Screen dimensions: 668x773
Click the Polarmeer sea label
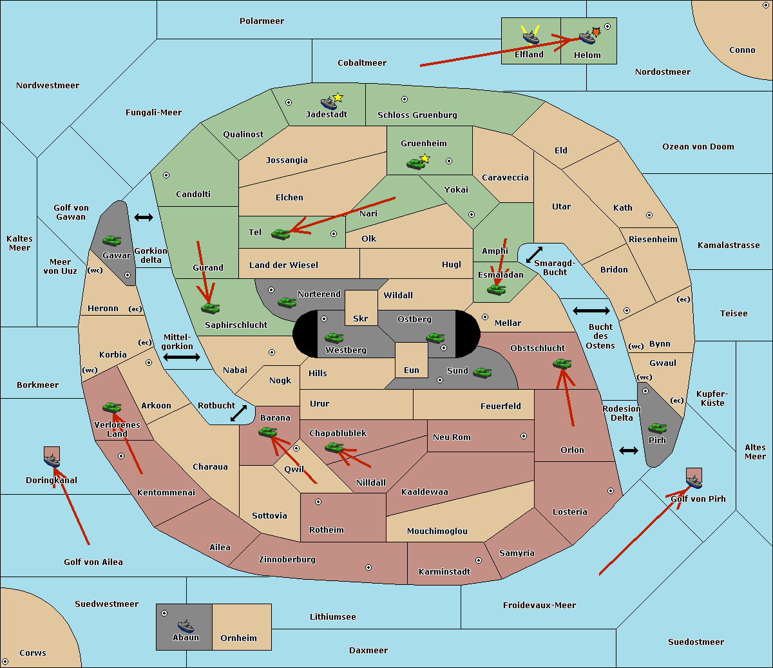(262, 21)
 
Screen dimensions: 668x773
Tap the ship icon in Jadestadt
(329, 103)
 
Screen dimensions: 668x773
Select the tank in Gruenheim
(415, 164)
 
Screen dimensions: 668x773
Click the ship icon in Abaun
(186, 625)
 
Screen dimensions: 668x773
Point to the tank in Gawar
(112, 241)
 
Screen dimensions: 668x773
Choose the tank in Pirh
(657, 428)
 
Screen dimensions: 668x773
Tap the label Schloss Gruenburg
(417, 115)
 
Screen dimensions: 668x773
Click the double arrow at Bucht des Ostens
(591, 311)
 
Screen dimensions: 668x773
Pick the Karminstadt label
(444, 572)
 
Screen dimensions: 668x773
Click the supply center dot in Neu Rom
(524, 436)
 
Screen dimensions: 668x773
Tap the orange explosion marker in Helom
(596, 31)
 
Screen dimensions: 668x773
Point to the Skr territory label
(361, 319)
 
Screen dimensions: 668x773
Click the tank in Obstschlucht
(562, 364)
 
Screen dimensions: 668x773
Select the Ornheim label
(238, 638)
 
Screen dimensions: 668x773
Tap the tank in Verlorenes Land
(112, 408)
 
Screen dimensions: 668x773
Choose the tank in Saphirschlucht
(210, 309)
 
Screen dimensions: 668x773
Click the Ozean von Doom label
(698, 147)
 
